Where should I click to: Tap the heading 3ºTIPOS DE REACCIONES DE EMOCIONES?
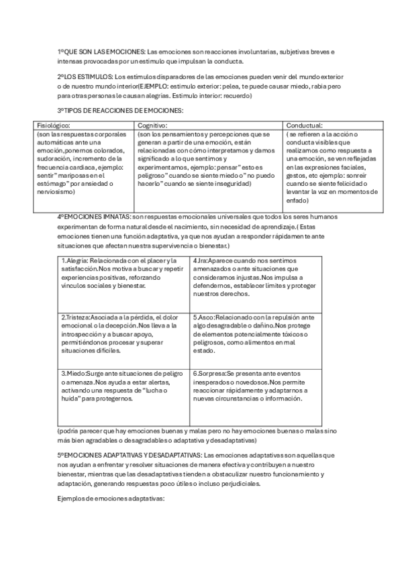click(x=120, y=110)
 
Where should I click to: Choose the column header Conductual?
click(x=305, y=125)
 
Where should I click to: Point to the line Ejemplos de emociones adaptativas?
click(x=111, y=499)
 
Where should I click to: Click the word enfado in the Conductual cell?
click(x=297, y=200)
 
